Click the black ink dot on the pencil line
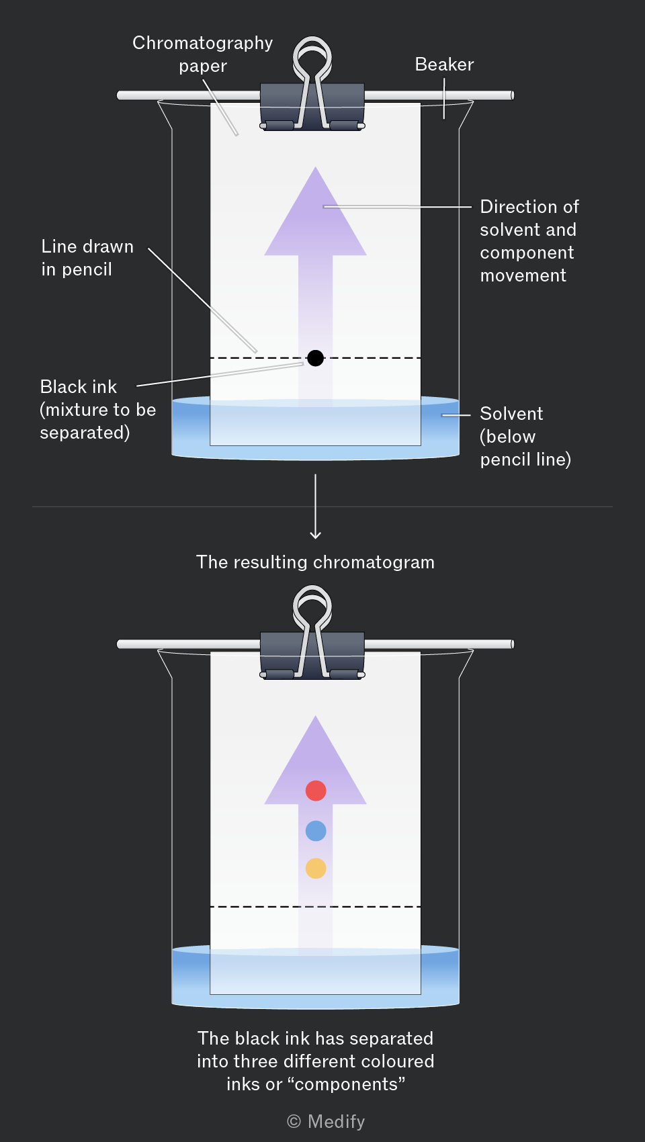point(316,358)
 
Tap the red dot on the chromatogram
point(316,791)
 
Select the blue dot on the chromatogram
point(316,830)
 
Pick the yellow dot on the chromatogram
point(316,868)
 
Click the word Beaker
point(444,64)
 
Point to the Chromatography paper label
point(202,54)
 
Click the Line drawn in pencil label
point(87,257)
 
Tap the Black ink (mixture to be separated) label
point(98,409)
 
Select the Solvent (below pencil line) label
point(525,436)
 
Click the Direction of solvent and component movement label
point(529,240)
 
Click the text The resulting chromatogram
point(315,562)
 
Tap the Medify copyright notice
point(326,1121)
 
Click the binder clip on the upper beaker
point(312,84)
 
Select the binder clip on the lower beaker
point(312,633)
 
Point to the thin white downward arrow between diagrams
point(316,507)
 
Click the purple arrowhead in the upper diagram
point(315,211)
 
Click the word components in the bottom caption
point(350,1084)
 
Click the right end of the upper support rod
point(512,95)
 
